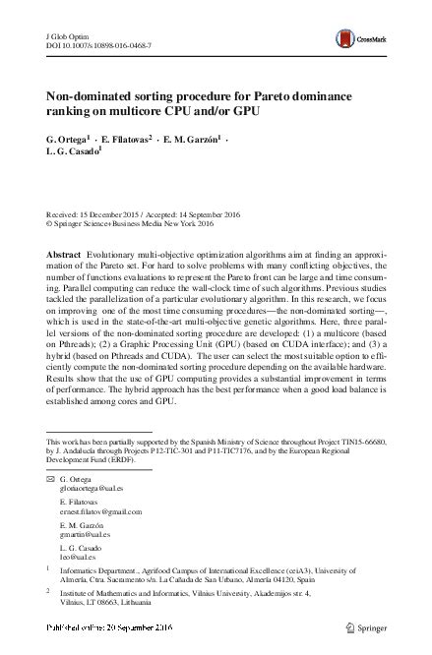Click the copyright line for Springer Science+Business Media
click(x=127, y=223)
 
